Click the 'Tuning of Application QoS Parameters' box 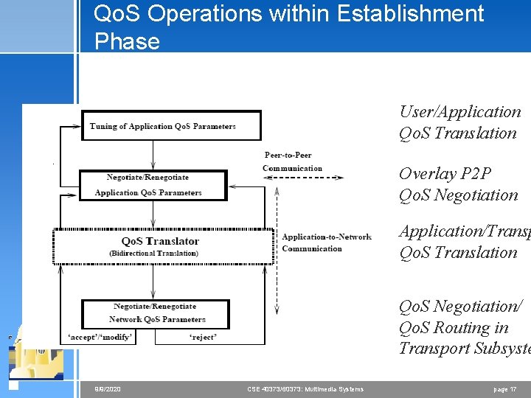click(171, 125)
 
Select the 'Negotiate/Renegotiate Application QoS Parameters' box click(153, 185)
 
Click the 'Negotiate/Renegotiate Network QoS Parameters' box click(156, 313)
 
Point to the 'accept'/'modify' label click(100, 338)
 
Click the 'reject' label click(203, 338)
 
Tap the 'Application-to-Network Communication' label click(326, 242)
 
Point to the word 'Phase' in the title click(127, 41)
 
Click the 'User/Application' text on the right click(459, 112)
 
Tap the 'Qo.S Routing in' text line click(454, 327)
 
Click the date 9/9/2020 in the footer click(108, 389)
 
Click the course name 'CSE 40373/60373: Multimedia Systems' click(305, 389)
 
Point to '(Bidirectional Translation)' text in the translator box click(153, 253)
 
